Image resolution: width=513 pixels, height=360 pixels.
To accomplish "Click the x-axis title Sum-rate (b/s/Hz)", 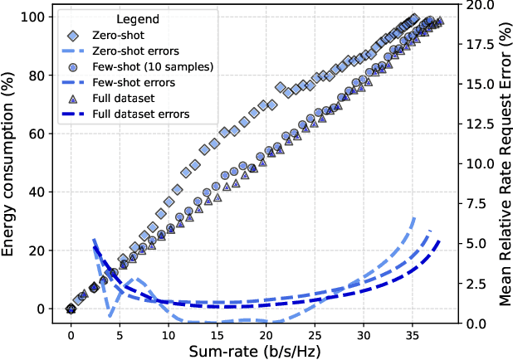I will click(256, 350).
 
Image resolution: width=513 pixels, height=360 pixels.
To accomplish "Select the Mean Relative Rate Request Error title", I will click(503, 163).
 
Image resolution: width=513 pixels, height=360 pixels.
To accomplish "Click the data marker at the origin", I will click(71, 309).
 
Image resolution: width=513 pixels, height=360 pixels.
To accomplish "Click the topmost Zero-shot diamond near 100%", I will click(415, 18).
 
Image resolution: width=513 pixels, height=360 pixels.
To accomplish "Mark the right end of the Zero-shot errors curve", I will click(415, 217).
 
